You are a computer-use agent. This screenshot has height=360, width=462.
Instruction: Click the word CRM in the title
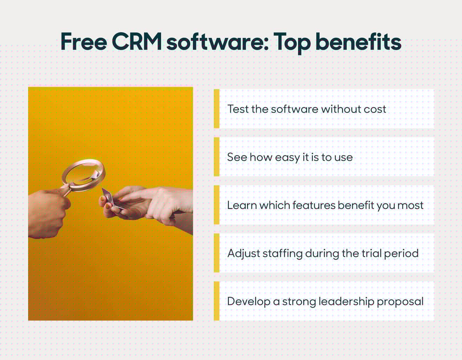(137, 42)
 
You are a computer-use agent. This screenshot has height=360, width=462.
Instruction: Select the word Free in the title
(84, 42)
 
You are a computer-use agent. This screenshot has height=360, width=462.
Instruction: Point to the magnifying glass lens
(83, 172)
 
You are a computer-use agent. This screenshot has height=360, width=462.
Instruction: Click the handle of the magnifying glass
(66, 189)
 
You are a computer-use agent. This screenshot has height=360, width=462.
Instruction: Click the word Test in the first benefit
(238, 109)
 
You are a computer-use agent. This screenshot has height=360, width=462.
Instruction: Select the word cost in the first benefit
(375, 109)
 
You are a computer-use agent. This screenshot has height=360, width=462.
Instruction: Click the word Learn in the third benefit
(242, 205)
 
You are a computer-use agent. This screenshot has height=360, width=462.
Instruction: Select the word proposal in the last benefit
(400, 302)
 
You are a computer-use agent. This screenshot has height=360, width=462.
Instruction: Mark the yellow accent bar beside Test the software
(216, 109)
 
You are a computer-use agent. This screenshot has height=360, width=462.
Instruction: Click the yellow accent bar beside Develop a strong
(216, 301)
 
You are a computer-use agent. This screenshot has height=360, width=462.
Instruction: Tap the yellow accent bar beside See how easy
(216, 157)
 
